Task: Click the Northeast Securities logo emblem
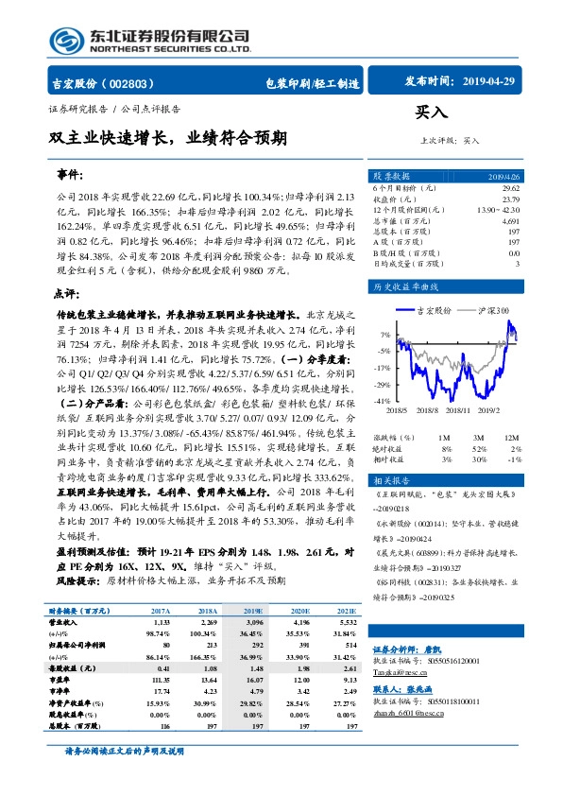pyautogui.click(x=69, y=41)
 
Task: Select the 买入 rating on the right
pyautogui.click(x=431, y=112)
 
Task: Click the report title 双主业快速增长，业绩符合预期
pyautogui.click(x=168, y=137)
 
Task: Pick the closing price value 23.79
pyautogui.click(x=509, y=200)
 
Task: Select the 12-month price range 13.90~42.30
pyautogui.click(x=497, y=211)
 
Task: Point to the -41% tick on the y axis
pyautogui.click(x=383, y=401)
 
